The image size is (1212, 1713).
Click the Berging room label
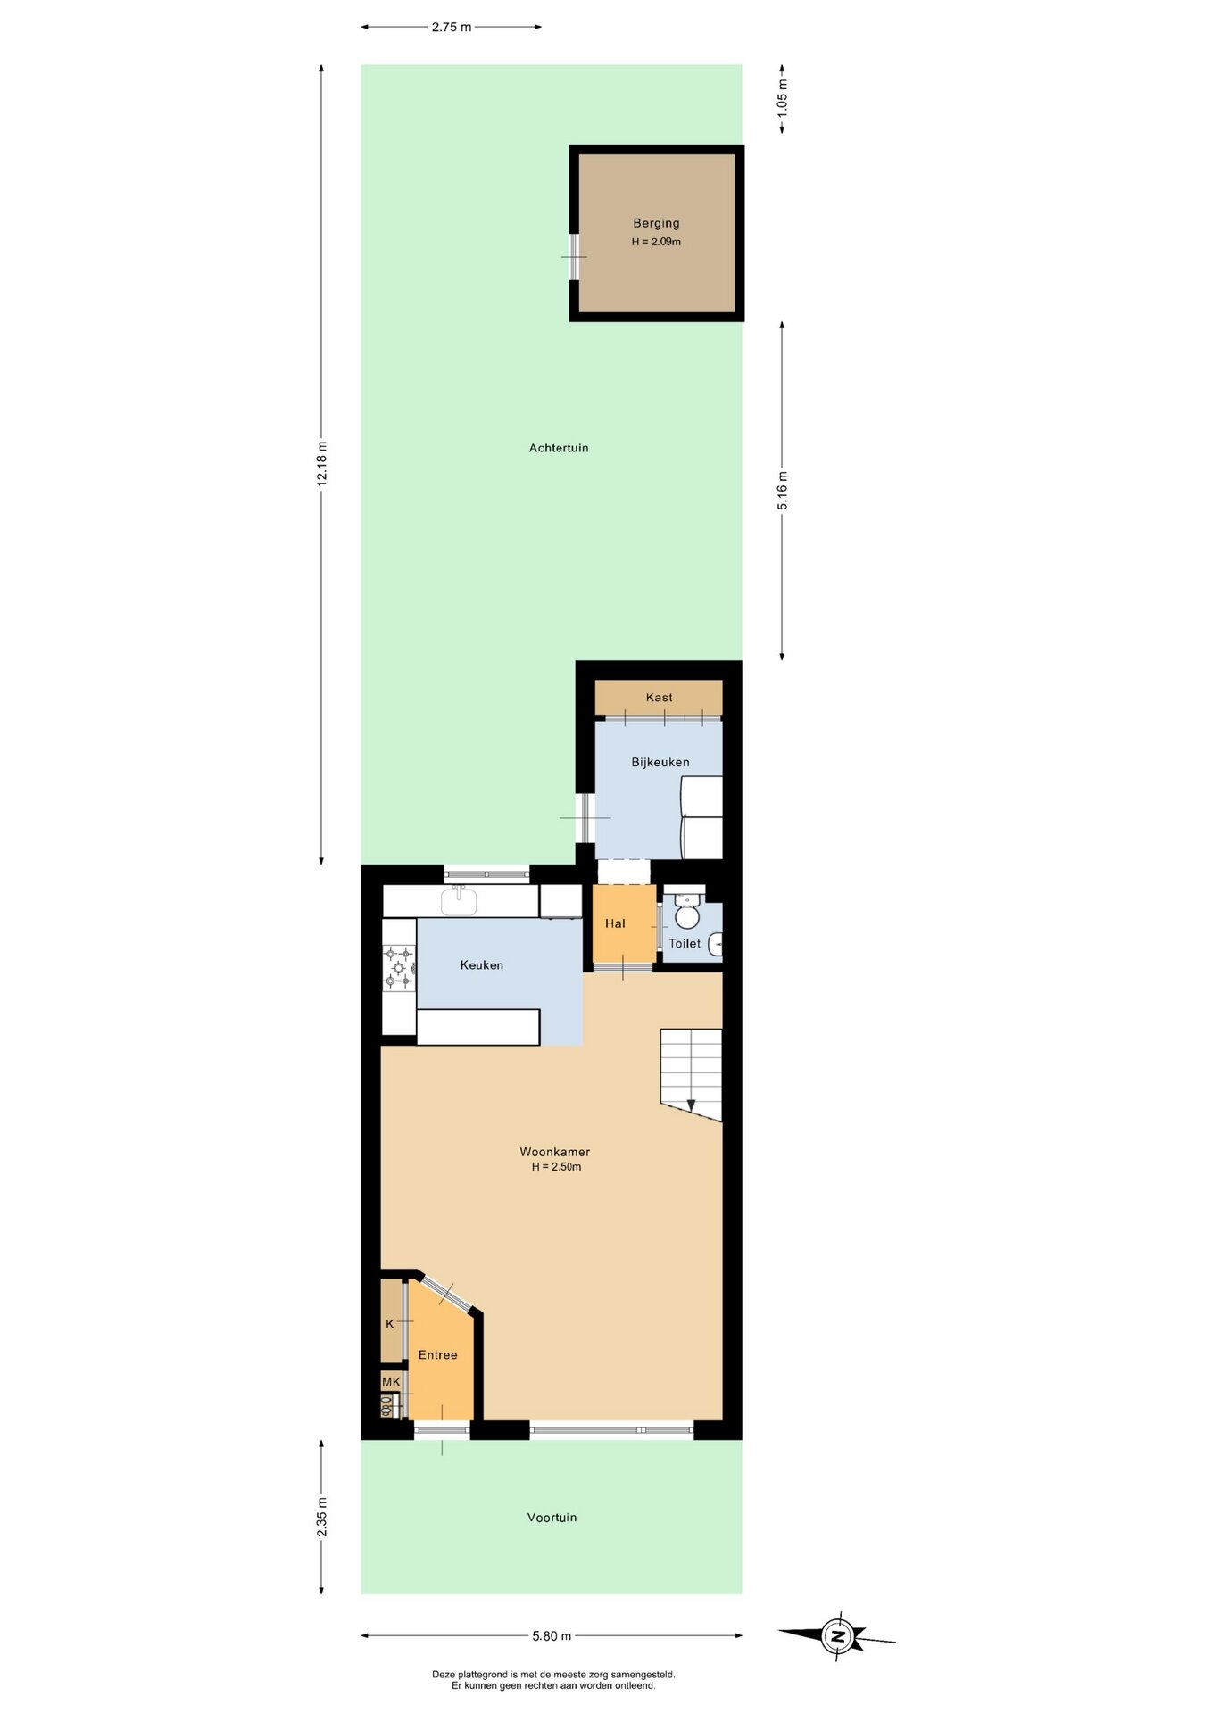(x=656, y=223)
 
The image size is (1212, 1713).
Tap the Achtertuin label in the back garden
(x=559, y=448)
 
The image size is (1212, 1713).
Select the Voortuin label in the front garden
(x=552, y=1517)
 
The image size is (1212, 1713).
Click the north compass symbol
(x=837, y=1635)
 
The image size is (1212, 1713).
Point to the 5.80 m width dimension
(x=552, y=1635)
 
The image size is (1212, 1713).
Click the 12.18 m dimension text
(x=321, y=463)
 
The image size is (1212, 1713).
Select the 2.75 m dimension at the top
(x=452, y=27)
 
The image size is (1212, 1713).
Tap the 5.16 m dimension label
(x=783, y=491)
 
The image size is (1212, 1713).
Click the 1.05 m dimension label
(x=783, y=98)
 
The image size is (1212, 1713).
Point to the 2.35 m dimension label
(x=321, y=1517)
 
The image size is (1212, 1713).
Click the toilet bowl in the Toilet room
(x=686, y=912)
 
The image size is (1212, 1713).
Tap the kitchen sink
(x=459, y=900)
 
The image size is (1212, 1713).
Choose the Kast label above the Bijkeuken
(x=660, y=698)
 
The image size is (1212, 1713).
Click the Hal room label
(x=615, y=923)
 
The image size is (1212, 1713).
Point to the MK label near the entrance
(x=391, y=1382)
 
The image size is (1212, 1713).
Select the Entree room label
(x=437, y=1354)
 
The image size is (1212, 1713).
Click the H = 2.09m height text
(x=656, y=242)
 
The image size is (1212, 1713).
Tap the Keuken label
(x=482, y=964)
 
